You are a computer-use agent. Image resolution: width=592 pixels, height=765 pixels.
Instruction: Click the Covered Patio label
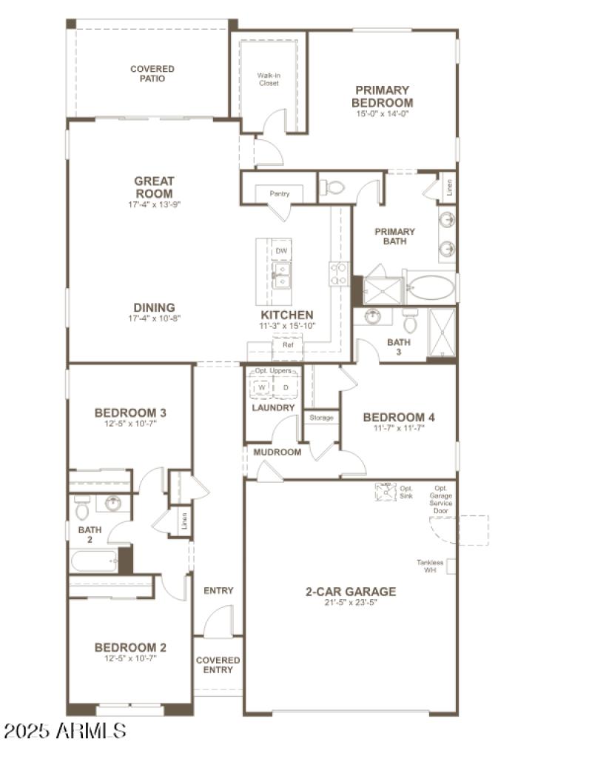152,73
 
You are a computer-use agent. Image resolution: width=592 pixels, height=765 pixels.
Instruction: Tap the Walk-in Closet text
268,79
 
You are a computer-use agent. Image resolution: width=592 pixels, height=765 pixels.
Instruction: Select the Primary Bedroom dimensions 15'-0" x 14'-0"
382,114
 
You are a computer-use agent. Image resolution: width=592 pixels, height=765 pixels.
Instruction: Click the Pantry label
279,194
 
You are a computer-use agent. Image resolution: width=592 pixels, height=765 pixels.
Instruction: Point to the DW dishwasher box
280,252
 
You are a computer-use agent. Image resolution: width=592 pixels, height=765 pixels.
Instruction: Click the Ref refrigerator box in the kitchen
287,345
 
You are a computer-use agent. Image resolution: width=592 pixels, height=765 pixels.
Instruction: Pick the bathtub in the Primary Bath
431,287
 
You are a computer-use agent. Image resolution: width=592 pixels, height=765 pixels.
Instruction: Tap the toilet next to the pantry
334,187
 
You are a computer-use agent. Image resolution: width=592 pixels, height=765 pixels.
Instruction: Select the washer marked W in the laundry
261,387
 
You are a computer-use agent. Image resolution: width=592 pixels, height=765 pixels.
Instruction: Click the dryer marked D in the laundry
286,387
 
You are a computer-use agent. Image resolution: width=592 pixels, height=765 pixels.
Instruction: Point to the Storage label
321,418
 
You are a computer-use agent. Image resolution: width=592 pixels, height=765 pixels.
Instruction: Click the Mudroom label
277,452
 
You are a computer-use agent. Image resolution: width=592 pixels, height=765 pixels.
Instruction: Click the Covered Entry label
218,665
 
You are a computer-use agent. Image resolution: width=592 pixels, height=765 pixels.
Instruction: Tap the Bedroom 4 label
398,418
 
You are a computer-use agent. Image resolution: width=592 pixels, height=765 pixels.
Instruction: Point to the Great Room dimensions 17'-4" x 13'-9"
154,203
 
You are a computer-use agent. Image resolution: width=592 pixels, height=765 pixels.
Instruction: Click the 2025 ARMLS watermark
65,731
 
